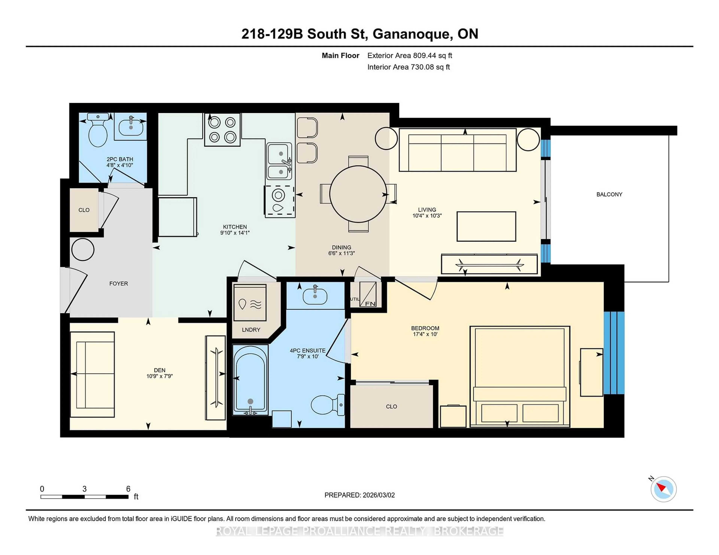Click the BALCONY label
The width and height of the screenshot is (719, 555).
click(x=609, y=194)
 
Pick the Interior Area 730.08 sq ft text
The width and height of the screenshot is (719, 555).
click(x=408, y=67)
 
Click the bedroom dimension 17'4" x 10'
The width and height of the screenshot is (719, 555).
click(x=425, y=334)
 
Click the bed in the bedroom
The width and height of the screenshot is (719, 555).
click(x=520, y=376)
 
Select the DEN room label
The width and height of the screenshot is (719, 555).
click(x=160, y=370)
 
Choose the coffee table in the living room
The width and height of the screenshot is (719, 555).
click(x=486, y=226)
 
